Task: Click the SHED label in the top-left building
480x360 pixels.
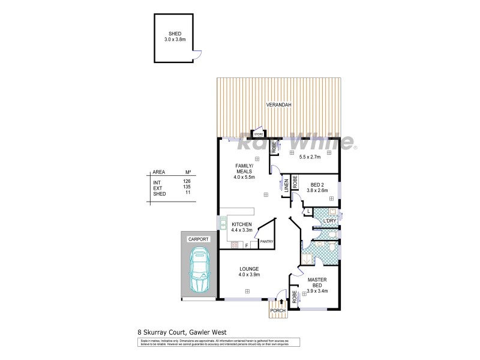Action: tap(175, 34)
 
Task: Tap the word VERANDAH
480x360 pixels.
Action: tap(279, 106)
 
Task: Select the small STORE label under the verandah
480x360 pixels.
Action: tap(258, 134)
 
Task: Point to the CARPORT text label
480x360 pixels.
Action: tap(198, 239)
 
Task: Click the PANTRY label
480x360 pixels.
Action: tap(266, 241)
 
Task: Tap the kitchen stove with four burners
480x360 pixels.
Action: tap(234, 245)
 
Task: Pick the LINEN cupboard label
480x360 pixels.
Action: tap(287, 186)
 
